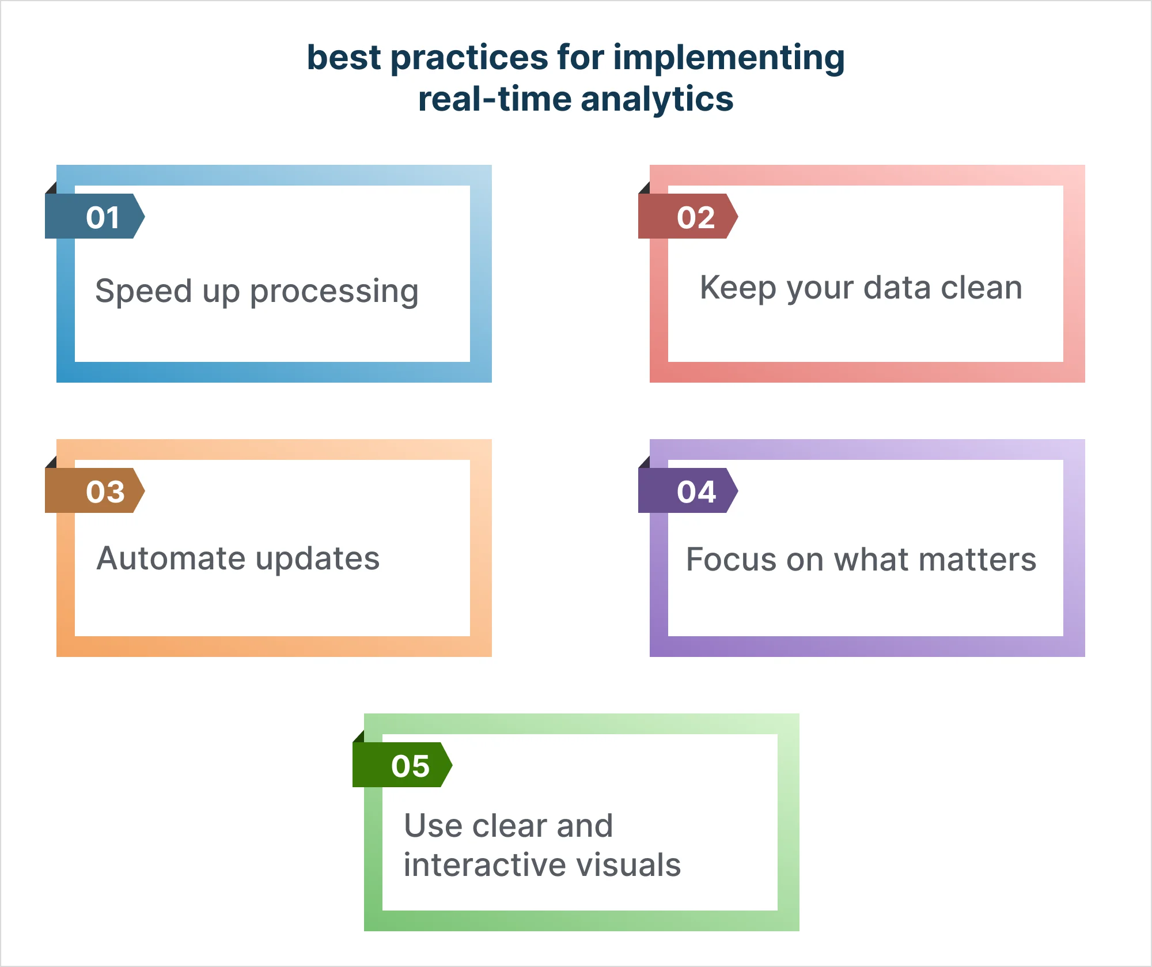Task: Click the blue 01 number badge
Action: tap(95, 216)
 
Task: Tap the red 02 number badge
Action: tap(688, 216)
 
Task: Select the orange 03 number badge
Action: tap(95, 490)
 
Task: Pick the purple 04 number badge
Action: tap(688, 490)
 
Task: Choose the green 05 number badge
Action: tap(403, 765)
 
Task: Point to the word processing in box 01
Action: tap(334, 292)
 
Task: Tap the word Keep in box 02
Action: tap(738, 288)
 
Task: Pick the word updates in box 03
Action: tap(318, 559)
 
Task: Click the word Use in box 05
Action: tap(433, 825)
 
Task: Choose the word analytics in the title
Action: tap(657, 100)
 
